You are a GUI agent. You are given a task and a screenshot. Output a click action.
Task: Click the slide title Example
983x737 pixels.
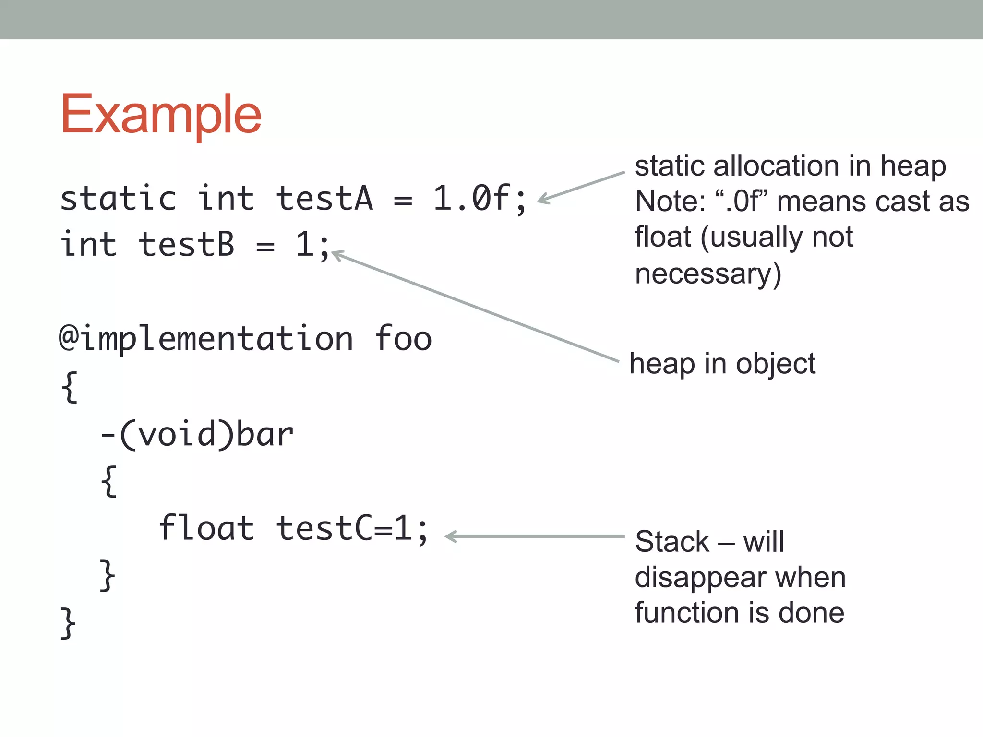(161, 115)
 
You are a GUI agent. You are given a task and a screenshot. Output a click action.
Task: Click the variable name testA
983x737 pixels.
(324, 199)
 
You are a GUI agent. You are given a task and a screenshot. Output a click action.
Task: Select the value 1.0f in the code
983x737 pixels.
(470, 199)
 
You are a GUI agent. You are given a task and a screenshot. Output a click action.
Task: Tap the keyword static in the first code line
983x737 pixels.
(118, 199)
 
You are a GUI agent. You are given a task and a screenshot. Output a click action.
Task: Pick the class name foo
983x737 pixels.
(403, 339)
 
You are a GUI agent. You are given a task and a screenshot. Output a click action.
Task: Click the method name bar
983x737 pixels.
(264, 435)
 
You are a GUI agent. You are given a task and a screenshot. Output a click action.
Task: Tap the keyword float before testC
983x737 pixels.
(206, 528)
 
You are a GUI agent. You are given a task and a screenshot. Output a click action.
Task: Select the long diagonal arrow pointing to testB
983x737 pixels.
(475, 307)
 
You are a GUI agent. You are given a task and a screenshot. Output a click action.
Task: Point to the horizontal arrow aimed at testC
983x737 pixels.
(535, 536)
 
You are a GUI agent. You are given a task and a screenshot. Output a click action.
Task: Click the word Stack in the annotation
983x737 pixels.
(671, 542)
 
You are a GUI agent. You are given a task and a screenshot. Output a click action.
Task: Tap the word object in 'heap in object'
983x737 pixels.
(776, 364)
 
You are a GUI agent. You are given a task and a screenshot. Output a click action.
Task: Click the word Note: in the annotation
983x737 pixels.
(670, 202)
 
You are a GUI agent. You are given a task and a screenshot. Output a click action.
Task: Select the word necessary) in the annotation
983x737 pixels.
(708, 274)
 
